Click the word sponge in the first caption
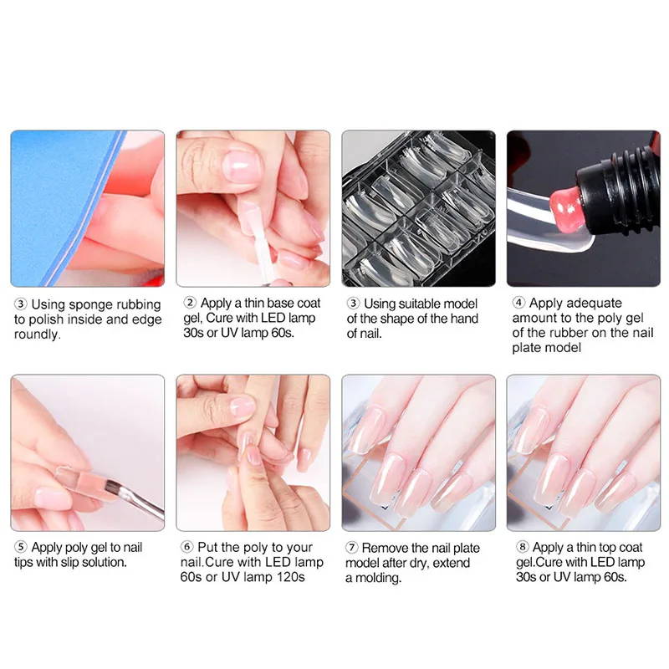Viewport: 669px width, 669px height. pyautogui.click(x=91, y=305)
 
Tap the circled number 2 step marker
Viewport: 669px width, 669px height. pyautogui.click(x=190, y=303)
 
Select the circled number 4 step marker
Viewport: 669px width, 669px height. pyautogui.click(x=518, y=303)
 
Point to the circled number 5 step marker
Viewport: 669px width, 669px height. pyautogui.click(x=20, y=547)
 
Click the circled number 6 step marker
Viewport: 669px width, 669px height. pyautogui.click(x=186, y=547)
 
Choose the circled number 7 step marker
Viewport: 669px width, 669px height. pyautogui.click(x=351, y=548)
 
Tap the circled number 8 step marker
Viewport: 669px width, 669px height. pyautogui.click(x=522, y=547)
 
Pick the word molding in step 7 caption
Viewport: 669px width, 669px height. pyautogui.click(x=378, y=578)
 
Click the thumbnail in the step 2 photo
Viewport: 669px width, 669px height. pyautogui.click(x=241, y=166)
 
